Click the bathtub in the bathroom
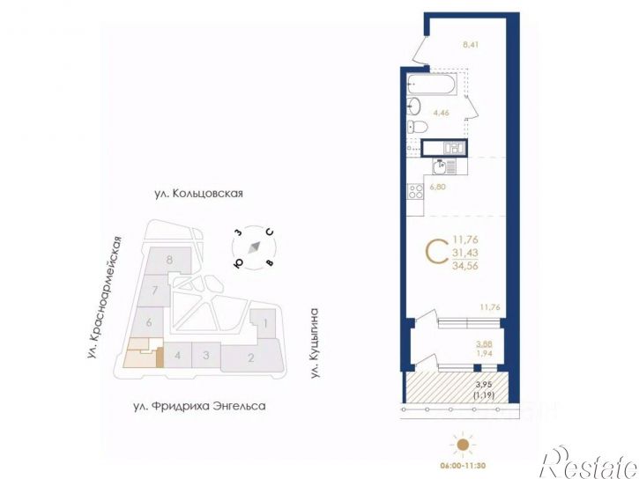click(432, 85)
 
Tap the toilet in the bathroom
click(417, 127)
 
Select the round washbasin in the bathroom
click(414, 107)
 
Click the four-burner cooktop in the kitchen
click(416, 191)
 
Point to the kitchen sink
click(441, 166)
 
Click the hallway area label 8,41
click(471, 45)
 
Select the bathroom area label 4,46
click(442, 113)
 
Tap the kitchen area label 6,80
click(437, 187)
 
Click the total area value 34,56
click(465, 266)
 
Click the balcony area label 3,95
click(485, 384)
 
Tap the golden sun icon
click(462, 445)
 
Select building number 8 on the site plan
click(169, 260)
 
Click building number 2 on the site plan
click(251, 357)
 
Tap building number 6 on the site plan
click(149, 322)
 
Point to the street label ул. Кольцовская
click(198, 194)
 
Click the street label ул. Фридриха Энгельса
click(200, 406)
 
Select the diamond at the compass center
click(255, 247)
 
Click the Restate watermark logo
click(589, 463)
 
